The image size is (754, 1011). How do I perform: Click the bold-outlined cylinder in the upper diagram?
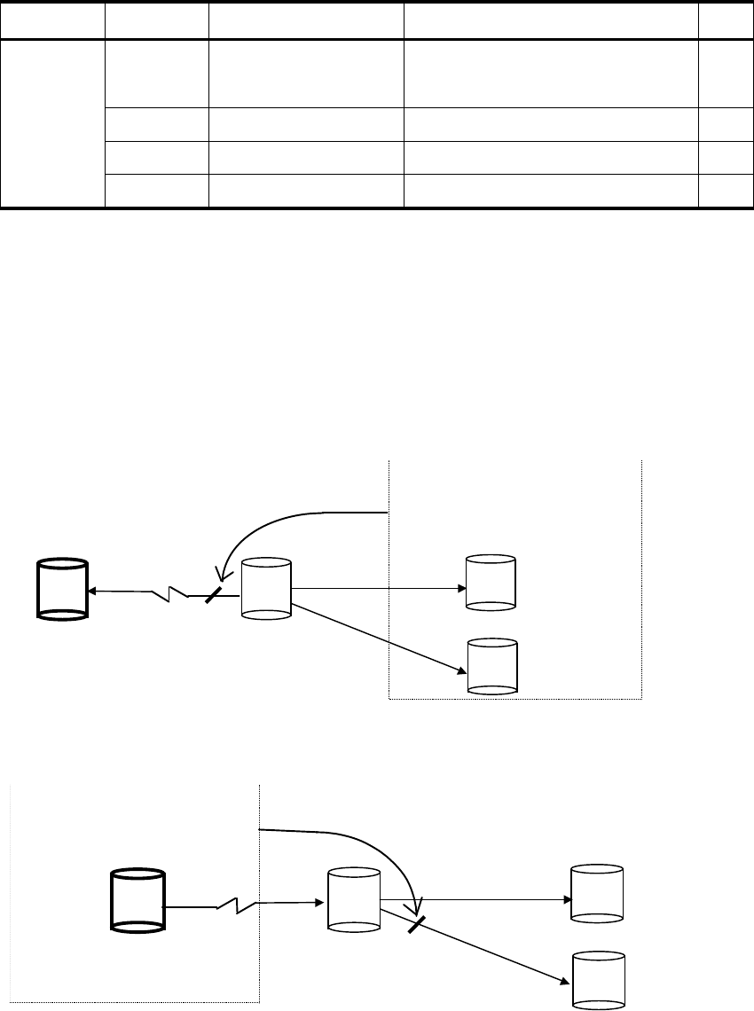(61, 589)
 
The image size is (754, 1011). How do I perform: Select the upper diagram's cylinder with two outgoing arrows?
(266, 588)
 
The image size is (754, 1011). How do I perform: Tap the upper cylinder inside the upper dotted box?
(491, 583)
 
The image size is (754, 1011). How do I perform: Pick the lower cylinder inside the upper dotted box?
(491, 665)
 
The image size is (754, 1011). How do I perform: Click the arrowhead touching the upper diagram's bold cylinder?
(92, 590)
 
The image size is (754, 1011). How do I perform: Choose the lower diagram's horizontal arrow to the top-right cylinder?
(479, 898)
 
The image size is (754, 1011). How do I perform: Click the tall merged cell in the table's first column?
(52, 123)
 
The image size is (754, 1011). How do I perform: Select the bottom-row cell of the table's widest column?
(551, 192)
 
